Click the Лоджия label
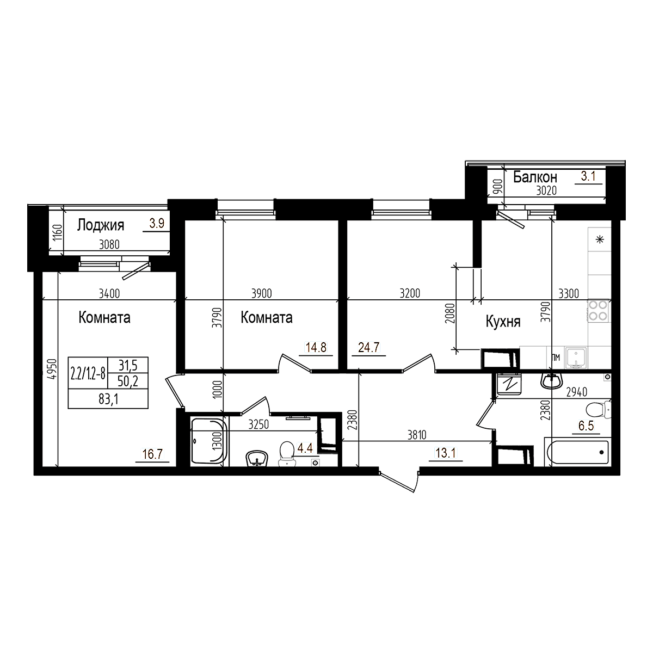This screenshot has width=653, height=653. (101, 225)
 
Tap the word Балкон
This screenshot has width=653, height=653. (535, 177)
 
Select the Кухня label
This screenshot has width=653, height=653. (503, 322)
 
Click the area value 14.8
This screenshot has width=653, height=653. (316, 347)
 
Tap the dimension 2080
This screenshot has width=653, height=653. (448, 313)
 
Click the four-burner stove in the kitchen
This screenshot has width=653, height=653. (599, 310)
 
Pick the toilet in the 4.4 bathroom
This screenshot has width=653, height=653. (286, 454)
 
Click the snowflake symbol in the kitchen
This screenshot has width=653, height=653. (600, 239)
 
